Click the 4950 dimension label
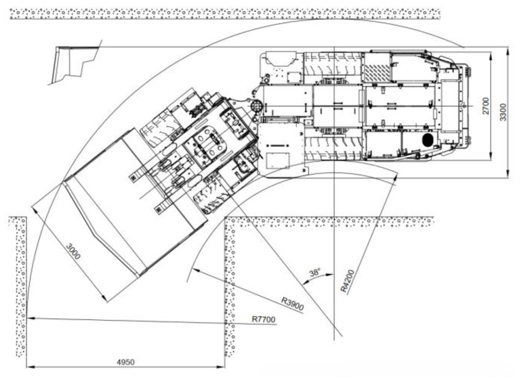click(x=126, y=362)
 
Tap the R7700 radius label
click(x=263, y=319)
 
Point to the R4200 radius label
click(x=348, y=281)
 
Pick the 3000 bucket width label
click(x=73, y=251)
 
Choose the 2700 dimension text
click(x=486, y=106)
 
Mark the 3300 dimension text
click(x=503, y=112)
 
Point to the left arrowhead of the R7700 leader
click(x=31, y=318)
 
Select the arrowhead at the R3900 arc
click(x=196, y=270)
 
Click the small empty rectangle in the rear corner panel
click(x=278, y=160)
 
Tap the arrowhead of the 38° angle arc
click(x=330, y=275)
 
